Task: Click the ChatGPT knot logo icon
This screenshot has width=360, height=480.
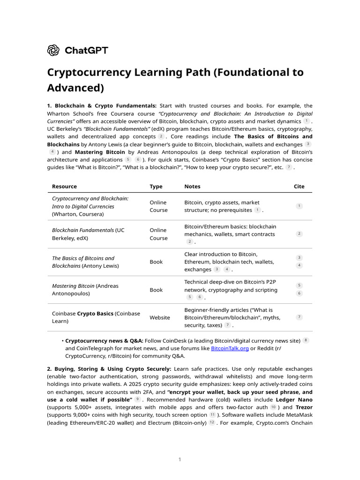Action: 53,50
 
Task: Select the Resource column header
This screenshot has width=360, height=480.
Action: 64,187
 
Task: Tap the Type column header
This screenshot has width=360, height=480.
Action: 156,187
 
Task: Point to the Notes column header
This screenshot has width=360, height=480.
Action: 192,187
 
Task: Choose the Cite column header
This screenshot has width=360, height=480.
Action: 299,187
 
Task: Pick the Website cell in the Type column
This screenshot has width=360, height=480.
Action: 160,318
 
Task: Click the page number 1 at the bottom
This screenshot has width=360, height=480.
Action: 180,459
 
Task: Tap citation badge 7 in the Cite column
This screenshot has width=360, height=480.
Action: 300,317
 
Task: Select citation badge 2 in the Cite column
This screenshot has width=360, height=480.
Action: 300,234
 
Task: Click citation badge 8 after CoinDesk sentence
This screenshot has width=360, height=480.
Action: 306,340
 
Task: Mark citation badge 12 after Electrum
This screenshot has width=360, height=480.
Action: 212,423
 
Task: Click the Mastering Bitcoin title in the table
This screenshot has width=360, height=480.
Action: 73,286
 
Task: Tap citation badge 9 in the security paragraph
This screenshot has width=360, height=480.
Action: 138,399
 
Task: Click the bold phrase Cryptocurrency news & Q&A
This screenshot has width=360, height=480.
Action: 104,341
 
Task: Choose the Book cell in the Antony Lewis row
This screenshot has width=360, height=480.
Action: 156,262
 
